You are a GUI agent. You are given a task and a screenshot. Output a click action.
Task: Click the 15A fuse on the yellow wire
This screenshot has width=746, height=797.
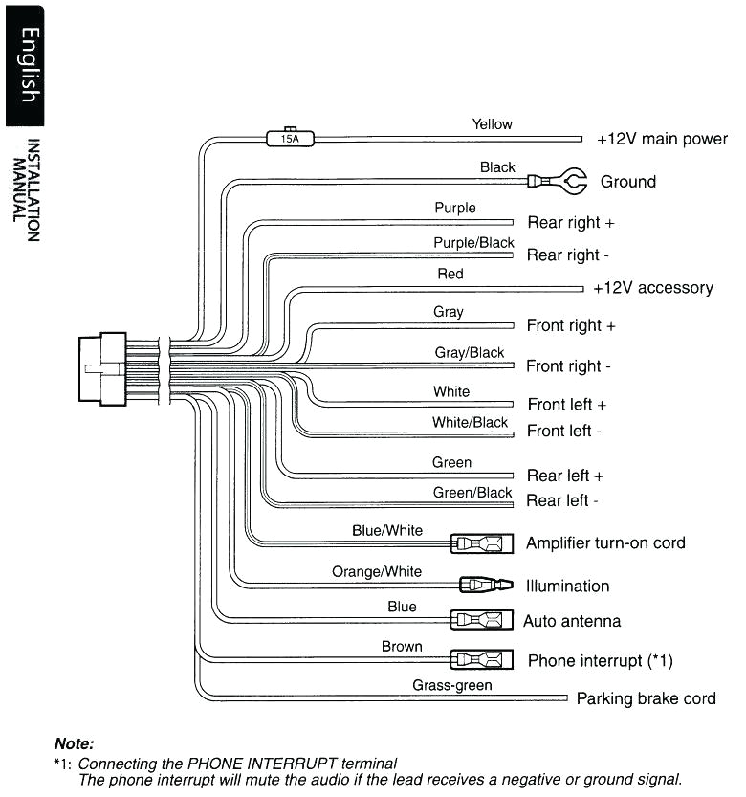tap(289, 138)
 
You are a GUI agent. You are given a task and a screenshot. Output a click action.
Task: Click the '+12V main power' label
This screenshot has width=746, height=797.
tap(662, 139)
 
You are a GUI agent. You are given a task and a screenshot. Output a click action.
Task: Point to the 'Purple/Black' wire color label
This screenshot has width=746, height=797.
tap(473, 243)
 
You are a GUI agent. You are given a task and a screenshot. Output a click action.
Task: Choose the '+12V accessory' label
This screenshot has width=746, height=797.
tap(653, 288)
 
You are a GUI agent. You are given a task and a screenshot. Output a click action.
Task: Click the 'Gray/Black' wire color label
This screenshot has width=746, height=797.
tap(469, 352)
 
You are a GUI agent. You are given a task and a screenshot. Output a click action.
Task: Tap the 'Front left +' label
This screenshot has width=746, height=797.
tap(567, 405)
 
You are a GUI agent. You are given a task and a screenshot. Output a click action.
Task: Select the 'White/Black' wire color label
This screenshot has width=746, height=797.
tap(470, 422)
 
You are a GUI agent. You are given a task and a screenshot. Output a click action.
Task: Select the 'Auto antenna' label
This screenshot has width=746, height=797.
tap(572, 621)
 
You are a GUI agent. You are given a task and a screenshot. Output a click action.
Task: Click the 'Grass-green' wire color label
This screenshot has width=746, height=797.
tap(452, 685)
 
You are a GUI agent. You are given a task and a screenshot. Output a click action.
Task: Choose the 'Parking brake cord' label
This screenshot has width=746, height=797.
tap(646, 698)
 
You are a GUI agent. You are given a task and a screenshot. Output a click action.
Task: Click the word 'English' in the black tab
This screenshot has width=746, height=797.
tap(29, 65)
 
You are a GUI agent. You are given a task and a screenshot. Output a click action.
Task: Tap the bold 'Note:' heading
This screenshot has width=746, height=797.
tap(75, 743)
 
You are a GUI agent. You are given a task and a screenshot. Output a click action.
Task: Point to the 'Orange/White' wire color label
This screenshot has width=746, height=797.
tap(377, 571)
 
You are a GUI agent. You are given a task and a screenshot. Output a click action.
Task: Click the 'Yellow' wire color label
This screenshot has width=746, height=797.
tap(492, 123)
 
